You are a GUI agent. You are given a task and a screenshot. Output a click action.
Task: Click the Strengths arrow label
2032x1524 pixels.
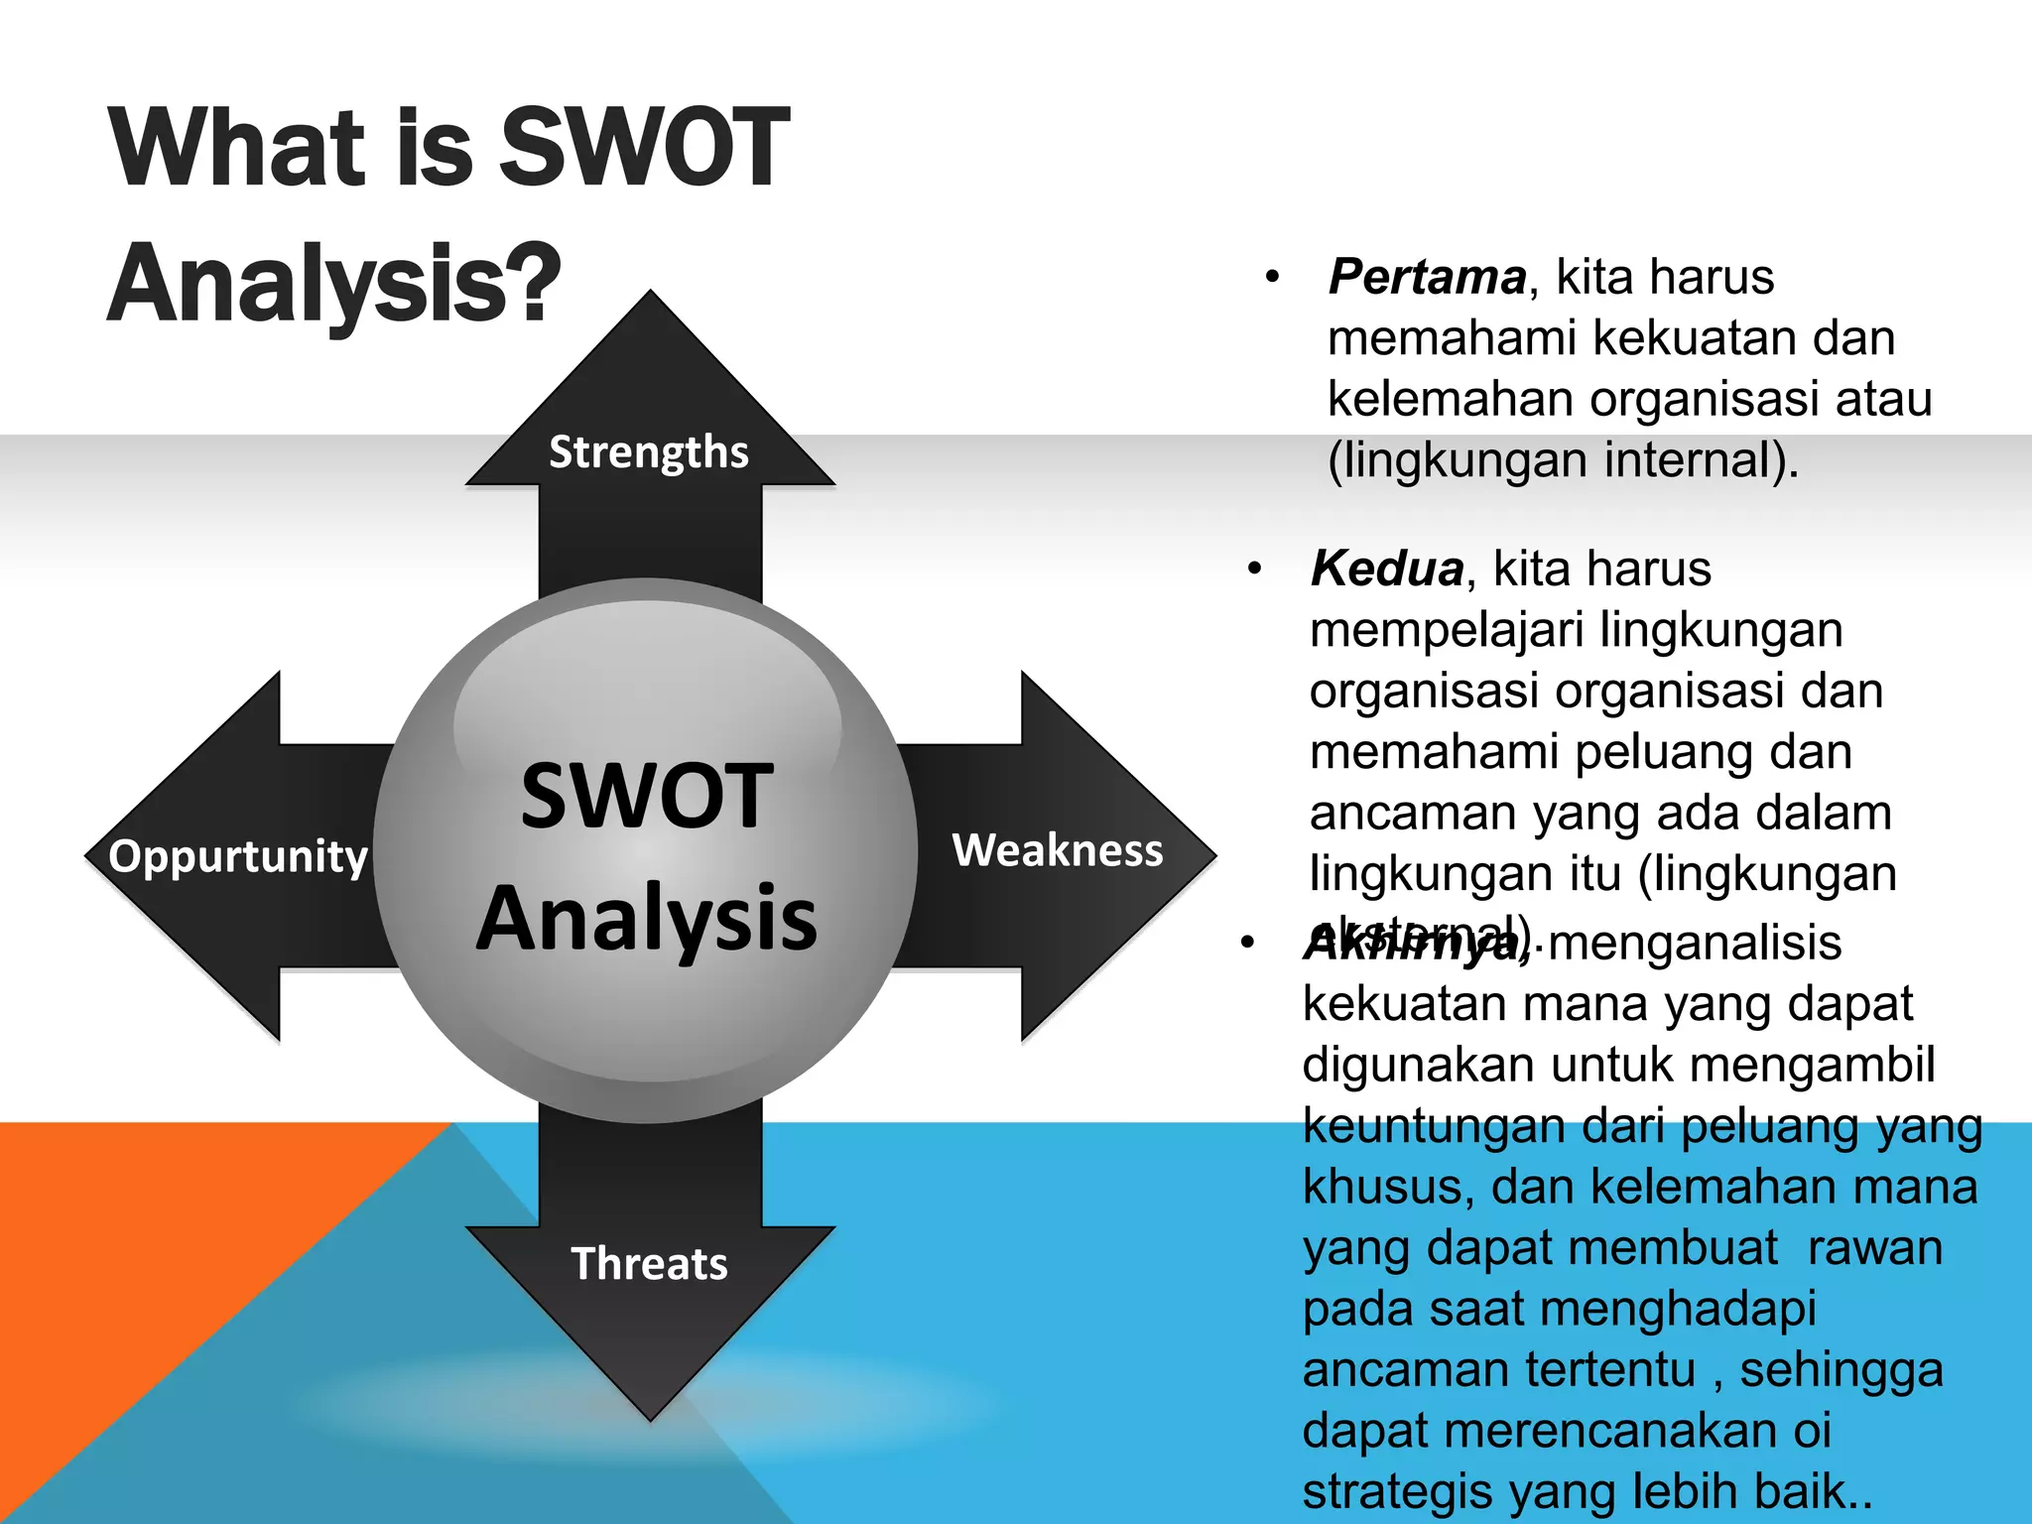pos(649,452)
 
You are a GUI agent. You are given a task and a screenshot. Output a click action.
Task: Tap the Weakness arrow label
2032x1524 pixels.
pos(1058,851)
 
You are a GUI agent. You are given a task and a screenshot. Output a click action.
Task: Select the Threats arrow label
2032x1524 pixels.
pos(649,1264)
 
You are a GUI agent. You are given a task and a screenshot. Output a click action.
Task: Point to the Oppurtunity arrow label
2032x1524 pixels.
pos(238,856)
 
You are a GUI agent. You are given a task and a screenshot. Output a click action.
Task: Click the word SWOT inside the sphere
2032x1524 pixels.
pos(647,797)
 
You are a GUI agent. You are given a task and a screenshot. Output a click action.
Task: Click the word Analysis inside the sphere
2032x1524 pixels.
pos(647,919)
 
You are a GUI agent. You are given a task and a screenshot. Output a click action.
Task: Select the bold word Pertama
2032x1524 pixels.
pos(1427,277)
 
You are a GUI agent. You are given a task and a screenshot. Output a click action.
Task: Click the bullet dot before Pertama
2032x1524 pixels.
pos(1273,278)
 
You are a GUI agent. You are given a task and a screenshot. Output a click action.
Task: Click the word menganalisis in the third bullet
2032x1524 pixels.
pos(1694,943)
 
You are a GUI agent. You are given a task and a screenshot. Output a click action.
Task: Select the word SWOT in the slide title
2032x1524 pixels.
pos(643,149)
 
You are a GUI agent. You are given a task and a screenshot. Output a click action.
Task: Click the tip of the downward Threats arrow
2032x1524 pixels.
pos(650,1416)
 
